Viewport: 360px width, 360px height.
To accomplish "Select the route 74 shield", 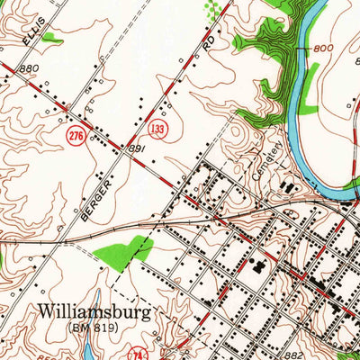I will pos(138,352).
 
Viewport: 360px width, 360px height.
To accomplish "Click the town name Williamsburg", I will pos(94,311).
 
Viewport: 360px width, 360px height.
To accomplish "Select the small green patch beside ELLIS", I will pos(54,38).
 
